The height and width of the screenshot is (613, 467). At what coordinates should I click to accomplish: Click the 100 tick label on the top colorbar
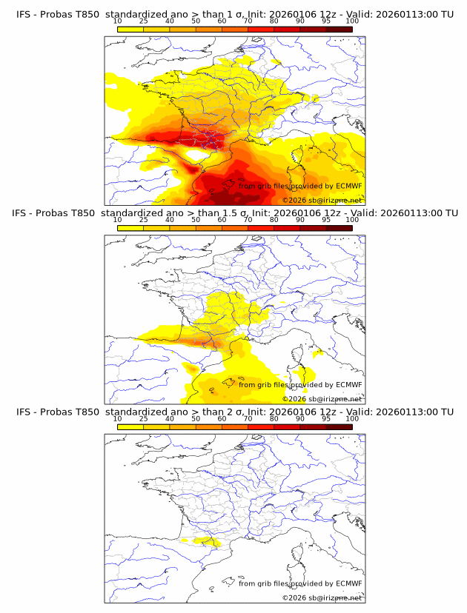tap(352, 21)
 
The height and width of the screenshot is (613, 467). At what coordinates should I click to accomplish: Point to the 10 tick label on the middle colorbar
tap(117, 220)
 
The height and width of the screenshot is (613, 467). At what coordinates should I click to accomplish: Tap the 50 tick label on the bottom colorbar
tap(196, 418)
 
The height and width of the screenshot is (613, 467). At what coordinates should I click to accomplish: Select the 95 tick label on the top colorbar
tap(326, 21)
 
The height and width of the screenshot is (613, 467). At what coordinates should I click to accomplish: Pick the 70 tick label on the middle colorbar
tap(248, 220)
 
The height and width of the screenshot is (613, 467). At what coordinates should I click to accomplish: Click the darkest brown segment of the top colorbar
tap(339, 29)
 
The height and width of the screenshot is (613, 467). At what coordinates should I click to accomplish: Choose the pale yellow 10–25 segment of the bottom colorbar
tap(130, 426)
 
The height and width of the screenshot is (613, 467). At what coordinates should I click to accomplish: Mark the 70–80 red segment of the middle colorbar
tap(261, 228)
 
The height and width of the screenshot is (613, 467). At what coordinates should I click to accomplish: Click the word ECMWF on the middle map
tap(348, 384)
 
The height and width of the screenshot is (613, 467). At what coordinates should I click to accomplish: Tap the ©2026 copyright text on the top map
tap(294, 201)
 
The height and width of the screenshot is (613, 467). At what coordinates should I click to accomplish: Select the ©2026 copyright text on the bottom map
tap(294, 597)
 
